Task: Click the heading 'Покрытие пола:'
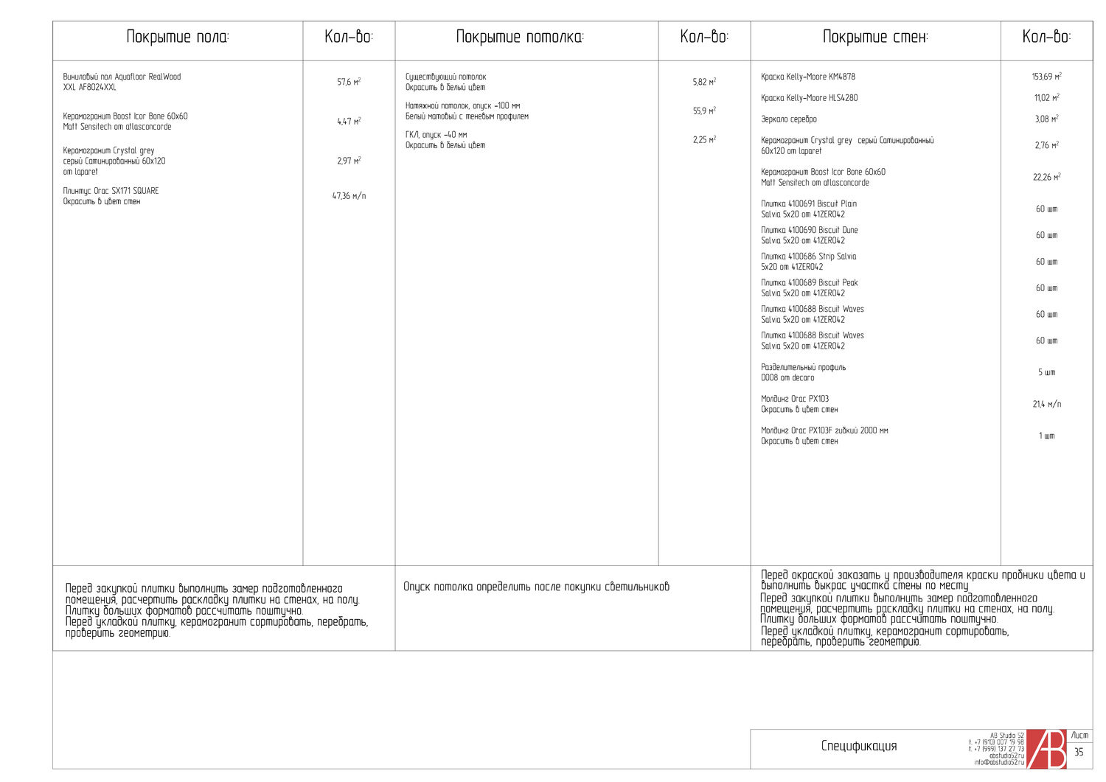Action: coord(178,37)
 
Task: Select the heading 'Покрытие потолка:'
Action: coord(520,37)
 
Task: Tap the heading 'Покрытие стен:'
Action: coord(875,37)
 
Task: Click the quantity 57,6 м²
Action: coord(349,82)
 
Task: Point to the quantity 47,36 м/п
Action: coord(349,196)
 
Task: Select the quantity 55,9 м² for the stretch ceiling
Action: coord(704,111)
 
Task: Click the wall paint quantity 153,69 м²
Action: coord(1046,77)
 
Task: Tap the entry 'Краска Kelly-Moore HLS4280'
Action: coord(809,98)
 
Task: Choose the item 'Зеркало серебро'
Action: coord(789,119)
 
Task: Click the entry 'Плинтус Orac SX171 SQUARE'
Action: coord(111,191)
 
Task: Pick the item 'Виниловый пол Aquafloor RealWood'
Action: coord(122,77)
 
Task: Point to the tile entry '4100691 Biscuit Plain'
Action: coord(809,204)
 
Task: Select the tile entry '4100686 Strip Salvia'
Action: coord(808,256)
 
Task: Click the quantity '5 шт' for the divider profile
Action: coord(1046,372)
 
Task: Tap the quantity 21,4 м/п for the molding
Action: coord(1046,404)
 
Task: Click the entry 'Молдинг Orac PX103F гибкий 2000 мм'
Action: coord(824,430)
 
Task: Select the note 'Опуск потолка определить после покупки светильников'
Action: coord(536,587)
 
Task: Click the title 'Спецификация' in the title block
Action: coord(859,746)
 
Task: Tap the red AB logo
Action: coord(1047,750)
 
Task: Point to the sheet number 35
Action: coord(1079,753)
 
